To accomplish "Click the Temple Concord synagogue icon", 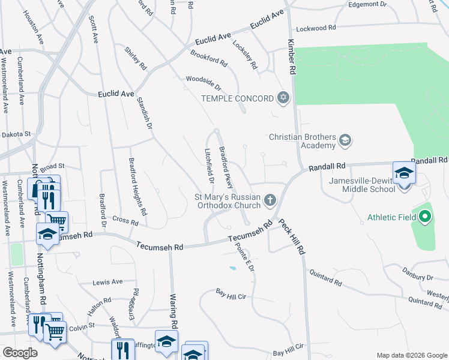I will pyautogui.click(x=283, y=98).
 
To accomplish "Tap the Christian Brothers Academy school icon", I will pyautogui.click(x=345, y=141).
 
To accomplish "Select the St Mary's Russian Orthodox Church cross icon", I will pyautogui.click(x=270, y=200).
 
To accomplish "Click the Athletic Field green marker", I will pyautogui.click(x=426, y=215).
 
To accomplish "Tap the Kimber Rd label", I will pyautogui.click(x=292, y=57).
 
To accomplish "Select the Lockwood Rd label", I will pyautogui.click(x=316, y=28).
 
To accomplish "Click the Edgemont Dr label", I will pyautogui.click(x=367, y=4).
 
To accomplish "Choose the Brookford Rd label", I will pyautogui.click(x=209, y=58).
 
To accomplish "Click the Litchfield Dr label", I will pyautogui.click(x=209, y=166).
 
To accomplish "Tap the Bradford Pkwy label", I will pyautogui.click(x=226, y=167).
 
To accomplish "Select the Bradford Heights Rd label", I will pyautogui.click(x=137, y=187).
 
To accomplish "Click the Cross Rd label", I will pyautogui.click(x=125, y=220).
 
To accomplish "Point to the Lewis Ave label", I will pyautogui.click(x=107, y=282).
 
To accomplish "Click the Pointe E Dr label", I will pyautogui.click(x=245, y=256).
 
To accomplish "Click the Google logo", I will pyautogui.click(x=20, y=353).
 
